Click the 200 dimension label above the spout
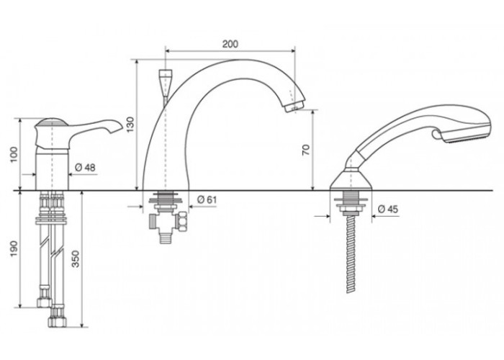tap(230, 44)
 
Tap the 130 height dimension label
tap(130, 125)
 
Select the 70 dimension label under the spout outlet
tap(306, 150)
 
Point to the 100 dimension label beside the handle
tap(14, 155)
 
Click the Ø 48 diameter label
tap(85, 168)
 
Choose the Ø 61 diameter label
tap(207, 199)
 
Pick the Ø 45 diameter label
tap(388, 210)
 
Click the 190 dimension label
tap(14, 249)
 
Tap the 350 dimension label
tap(75, 259)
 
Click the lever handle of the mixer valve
tap(96, 126)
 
